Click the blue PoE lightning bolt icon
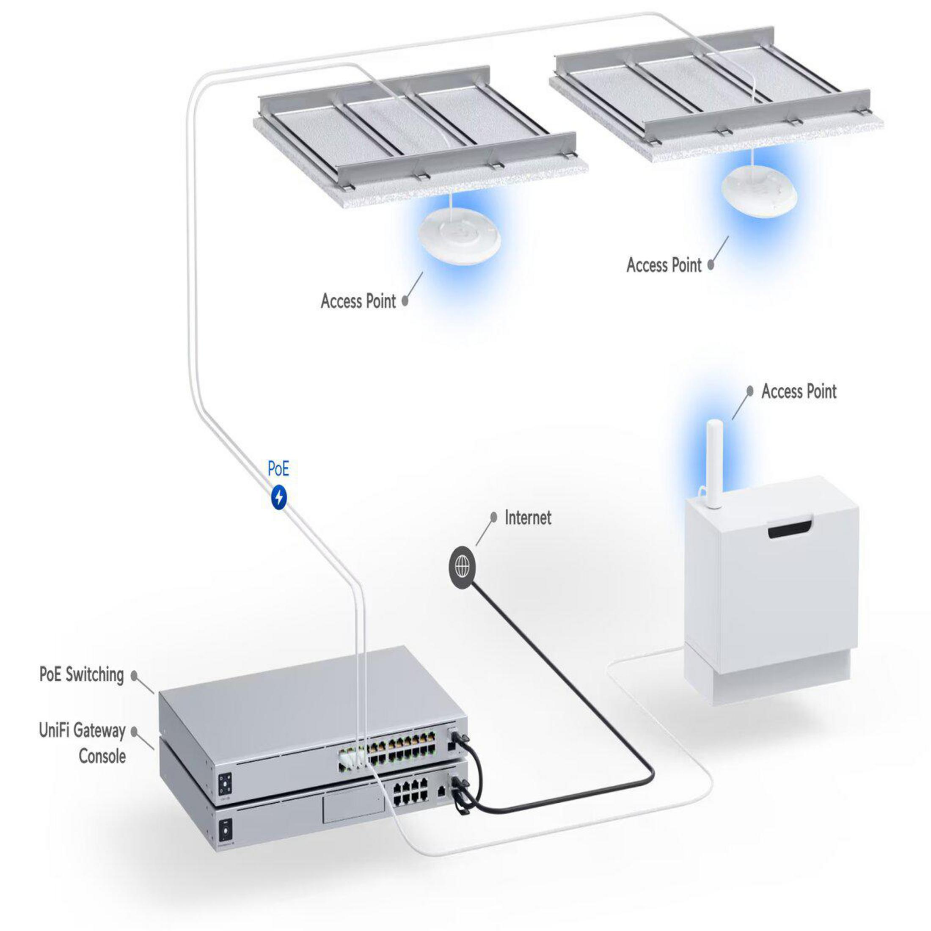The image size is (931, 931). pyautogui.click(x=279, y=497)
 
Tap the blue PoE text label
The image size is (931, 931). pyautogui.click(x=278, y=468)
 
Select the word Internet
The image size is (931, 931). pyautogui.click(x=528, y=518)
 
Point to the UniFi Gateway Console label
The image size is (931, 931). pyautogui.click(x=83, y=743)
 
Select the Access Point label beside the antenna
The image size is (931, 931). pyautogui.click(x=799, y=391)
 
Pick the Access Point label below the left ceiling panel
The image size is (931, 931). pyautogui.click(x=358, y=301)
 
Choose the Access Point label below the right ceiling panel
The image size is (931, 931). pyautogui.click(x=664, y=264)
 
